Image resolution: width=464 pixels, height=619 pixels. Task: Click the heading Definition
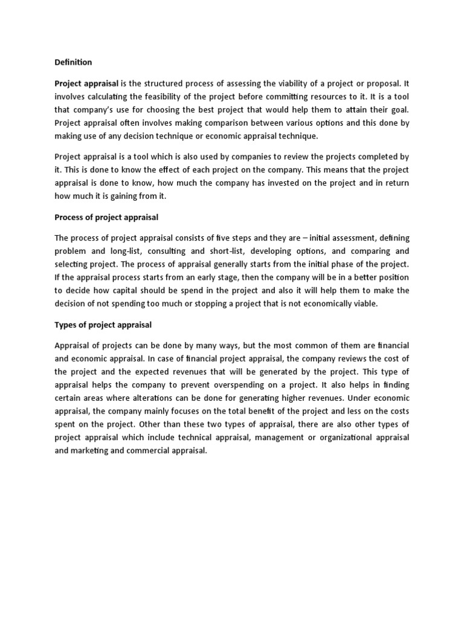(x=73, y=62)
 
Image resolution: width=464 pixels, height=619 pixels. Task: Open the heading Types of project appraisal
(x=103, y=325)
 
